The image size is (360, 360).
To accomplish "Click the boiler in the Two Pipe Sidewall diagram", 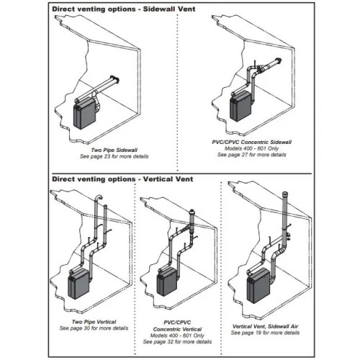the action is tap(85, 114).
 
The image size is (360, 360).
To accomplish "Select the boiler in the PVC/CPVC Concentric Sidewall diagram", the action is tap(240, 107).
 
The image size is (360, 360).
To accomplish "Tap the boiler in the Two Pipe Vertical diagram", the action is tap(78, 284).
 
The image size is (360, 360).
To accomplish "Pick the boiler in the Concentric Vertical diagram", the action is tap(167, 282).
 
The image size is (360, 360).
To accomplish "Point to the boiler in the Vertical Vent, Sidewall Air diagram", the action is tap(258, 286).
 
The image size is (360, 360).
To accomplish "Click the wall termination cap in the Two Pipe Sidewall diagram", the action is tap(114, 80).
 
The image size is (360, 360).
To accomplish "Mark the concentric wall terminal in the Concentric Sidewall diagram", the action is tap(279, 61).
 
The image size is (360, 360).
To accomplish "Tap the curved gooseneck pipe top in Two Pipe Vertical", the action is tap(98, 198).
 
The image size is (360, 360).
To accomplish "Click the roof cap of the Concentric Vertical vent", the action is tap(192, 212).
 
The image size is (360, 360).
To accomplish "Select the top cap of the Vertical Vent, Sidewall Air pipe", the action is tap(285, 194).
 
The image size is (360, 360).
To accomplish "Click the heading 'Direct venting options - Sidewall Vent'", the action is tap(124, 9).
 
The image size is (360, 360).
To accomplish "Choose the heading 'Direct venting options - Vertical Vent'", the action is tap(122, 179).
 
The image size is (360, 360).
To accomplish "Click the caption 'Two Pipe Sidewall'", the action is tap(114, 150).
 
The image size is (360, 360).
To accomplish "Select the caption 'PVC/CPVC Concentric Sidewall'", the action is tap(252, 142).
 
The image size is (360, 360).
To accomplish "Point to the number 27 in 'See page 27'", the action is tap(245, 155).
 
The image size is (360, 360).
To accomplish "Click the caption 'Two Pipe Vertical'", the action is tap(94, 322).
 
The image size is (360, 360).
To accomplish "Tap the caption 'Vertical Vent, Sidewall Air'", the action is tap(265, 326).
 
